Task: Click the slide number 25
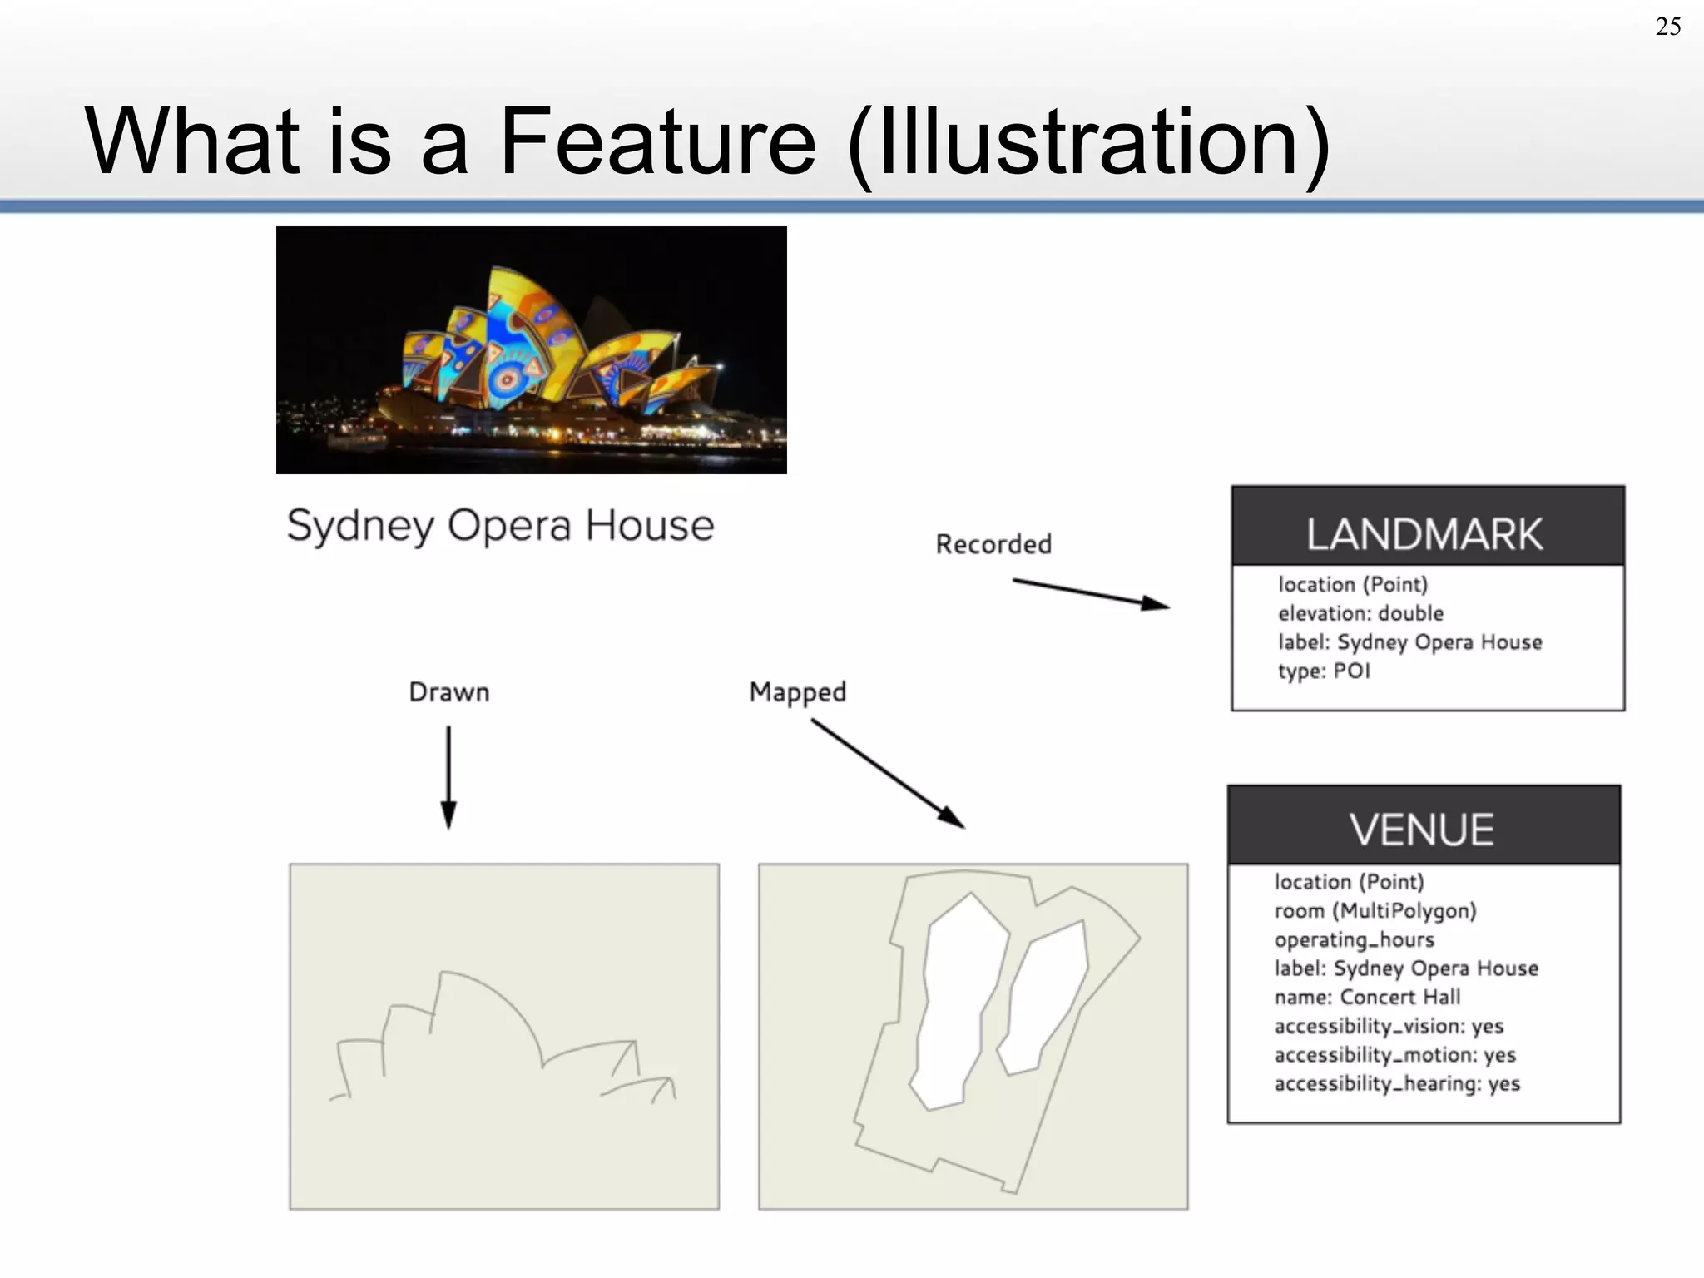point(1667,27)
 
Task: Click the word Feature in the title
point(657,141)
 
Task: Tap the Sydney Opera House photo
point(531,349)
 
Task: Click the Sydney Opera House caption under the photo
point(500,526)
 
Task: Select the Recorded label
point(993,544)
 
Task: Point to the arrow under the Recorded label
point(1090,593)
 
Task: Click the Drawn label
point(448,692)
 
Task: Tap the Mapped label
point(797,692)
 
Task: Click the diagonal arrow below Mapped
point(887,773)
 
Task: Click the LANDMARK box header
point(1427,532)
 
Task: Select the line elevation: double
point(1360,613)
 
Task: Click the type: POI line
point(1324,671)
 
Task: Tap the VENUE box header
point(1423,829)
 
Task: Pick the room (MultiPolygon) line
point(1375,910)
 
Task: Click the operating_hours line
point(1354,939)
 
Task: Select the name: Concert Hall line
point(1366,997)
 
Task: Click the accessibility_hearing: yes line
point(1396,1083)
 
